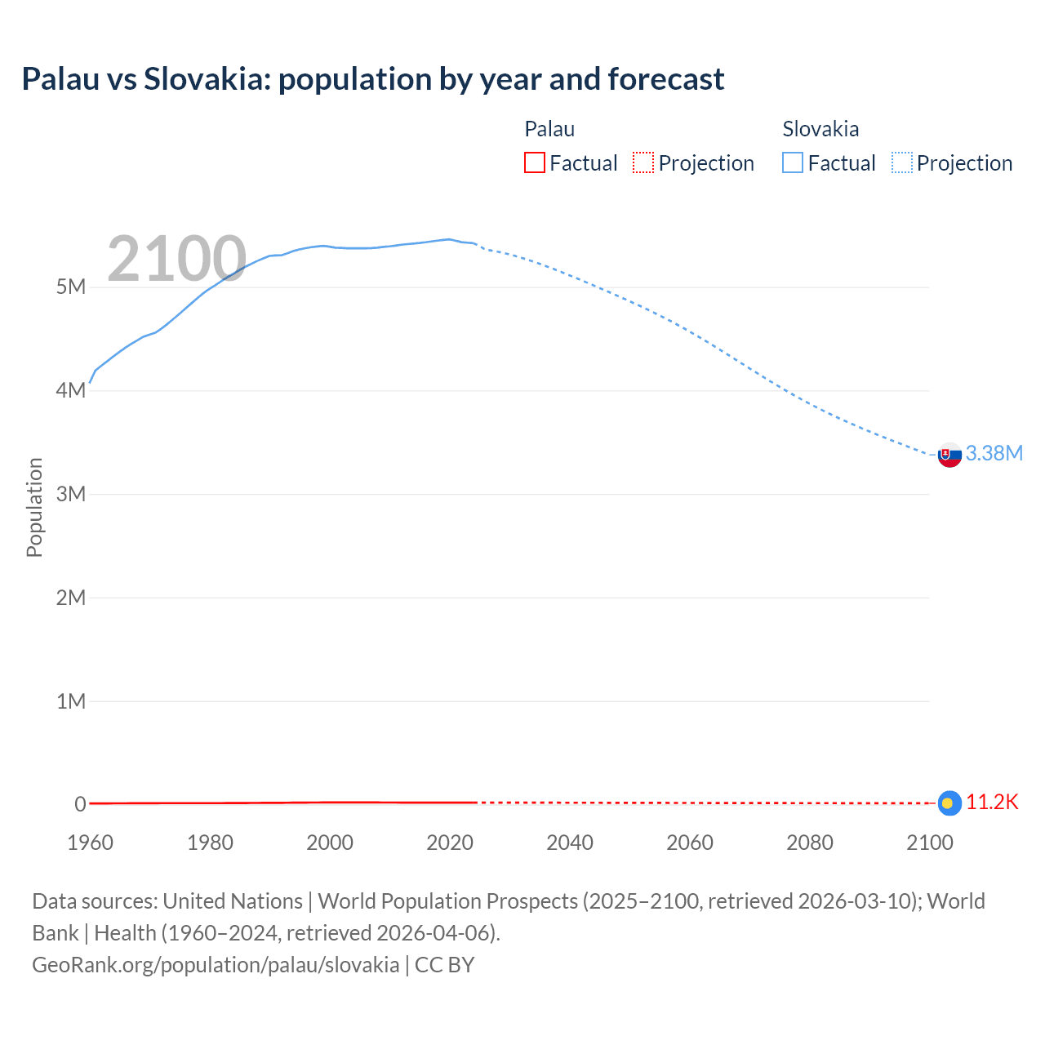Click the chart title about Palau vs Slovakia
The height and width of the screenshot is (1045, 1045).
[x=372, y=79]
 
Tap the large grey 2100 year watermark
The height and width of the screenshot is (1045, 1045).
[x=176, y=259]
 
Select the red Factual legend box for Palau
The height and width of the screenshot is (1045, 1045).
[x=534, y=162]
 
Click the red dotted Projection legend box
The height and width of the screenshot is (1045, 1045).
[x=643, y=162]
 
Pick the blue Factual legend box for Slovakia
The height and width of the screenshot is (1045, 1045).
[x=792, y=162]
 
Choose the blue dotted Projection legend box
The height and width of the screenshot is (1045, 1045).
[x=902, y=162]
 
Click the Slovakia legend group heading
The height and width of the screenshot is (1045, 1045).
[x=820, y=129]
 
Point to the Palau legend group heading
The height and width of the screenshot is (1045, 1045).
[x=549, y=129]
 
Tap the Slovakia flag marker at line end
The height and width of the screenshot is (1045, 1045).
[x=949, y=455]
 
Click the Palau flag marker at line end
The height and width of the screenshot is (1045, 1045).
[x=949, y=803]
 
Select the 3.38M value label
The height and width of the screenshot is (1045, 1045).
[x=994, y=453]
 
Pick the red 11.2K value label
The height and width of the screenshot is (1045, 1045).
[x=992, y=803]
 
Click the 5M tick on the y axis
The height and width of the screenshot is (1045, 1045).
[x=71, y=287]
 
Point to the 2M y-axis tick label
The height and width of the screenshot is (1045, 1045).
[x=71, y=598]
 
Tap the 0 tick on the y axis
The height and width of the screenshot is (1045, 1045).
[x=80, y=804]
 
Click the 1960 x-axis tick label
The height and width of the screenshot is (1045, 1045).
[x=90, y=843]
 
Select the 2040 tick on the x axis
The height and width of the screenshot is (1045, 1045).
[x=570, y=843]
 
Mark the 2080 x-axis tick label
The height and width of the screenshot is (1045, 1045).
[x=810, y=843]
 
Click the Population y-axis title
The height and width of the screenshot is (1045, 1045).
[x=34, y=507]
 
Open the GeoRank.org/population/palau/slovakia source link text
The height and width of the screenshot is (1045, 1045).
[x=216, y=964]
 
